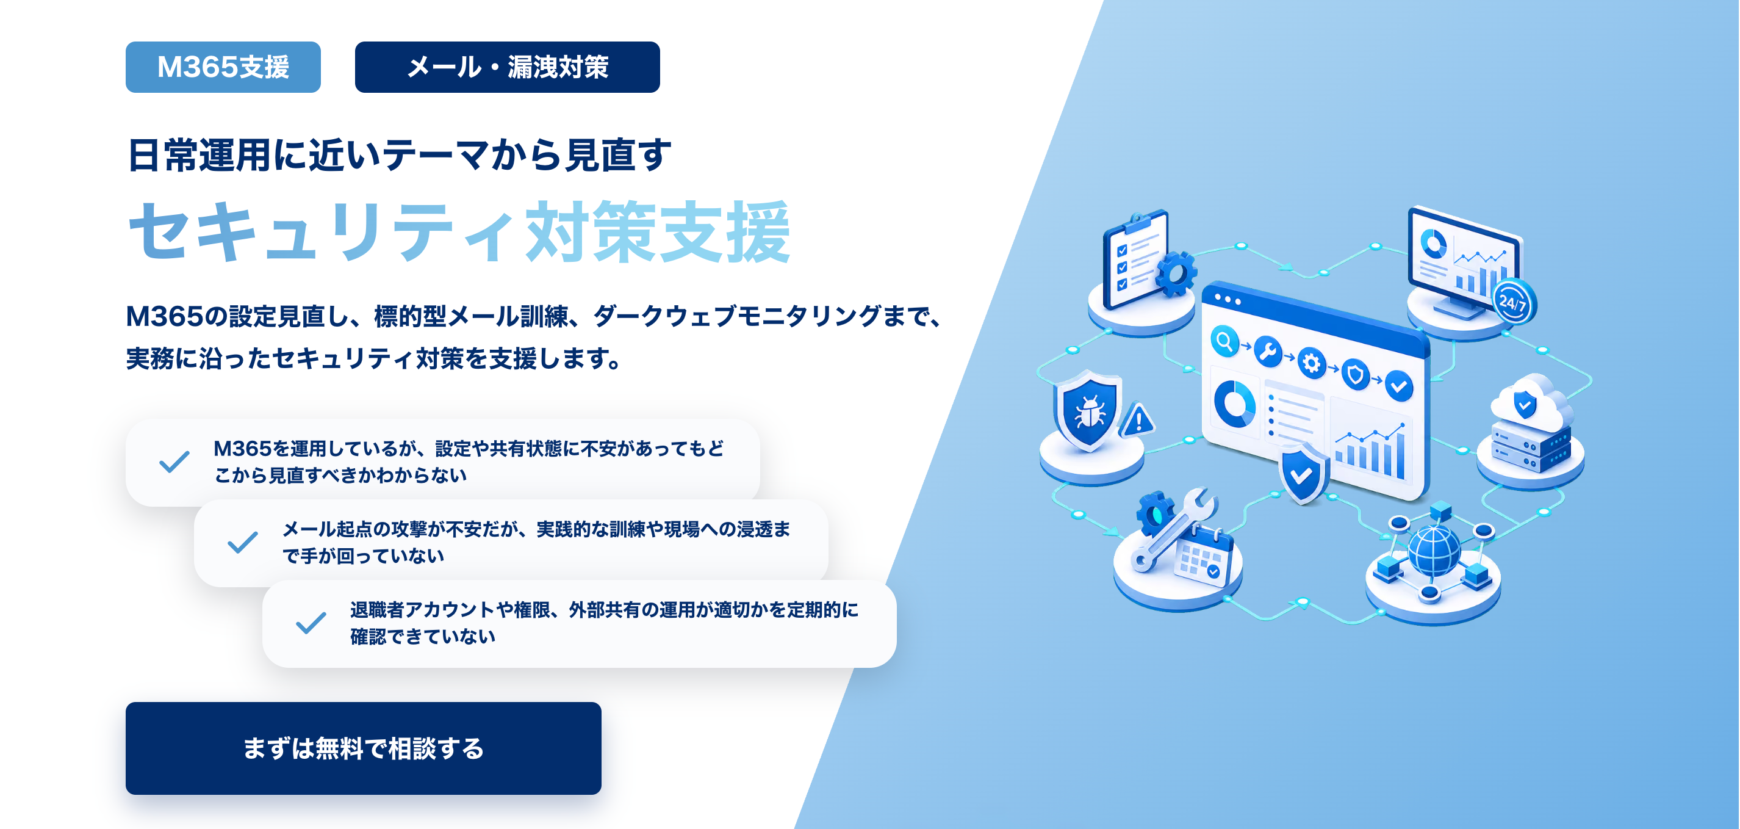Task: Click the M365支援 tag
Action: click(223, 67)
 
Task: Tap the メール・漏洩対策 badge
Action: click(507, 67)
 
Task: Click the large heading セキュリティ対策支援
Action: click(459, 232)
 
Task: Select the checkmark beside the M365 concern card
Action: click(174, 462)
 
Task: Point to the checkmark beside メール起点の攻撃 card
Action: click(242, 542)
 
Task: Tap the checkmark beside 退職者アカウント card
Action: click(311, 622)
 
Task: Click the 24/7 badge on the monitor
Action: click(1513, 302)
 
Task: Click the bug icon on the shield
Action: click(1089, 411)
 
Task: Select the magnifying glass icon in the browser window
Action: click(1224, 341)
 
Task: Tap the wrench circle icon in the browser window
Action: click(1268, 352)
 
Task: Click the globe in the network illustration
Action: click(1434, 551)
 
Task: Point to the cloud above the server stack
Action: click(1531, 404)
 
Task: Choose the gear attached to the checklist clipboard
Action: click(1175, 273)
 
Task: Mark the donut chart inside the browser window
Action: click(1234, 404)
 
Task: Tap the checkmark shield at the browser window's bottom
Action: click(1303, 473)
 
